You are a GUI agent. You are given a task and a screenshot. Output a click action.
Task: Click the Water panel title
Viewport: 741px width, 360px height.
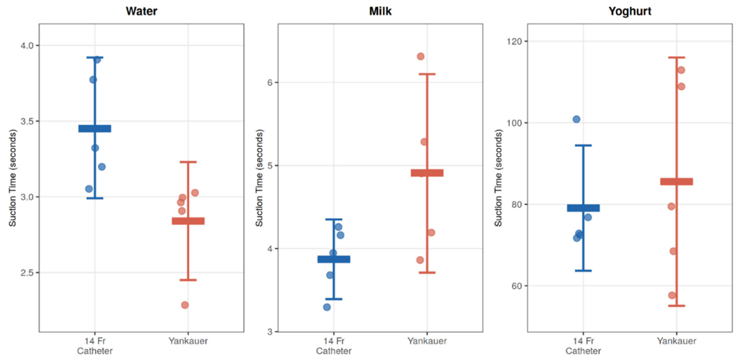tap(141, 11)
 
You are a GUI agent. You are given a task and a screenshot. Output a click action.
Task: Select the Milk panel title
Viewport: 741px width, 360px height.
tap(380, 11)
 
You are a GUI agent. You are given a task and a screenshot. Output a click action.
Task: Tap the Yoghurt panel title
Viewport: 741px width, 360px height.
tap(630, 11)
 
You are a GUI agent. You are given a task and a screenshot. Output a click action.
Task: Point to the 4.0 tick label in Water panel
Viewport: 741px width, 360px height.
tap(27, 46)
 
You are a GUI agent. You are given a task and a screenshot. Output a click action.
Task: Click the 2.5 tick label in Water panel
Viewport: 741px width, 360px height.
tap(27, 273)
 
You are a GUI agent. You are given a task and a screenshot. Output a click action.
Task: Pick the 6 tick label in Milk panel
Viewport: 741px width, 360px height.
tap(270, 82)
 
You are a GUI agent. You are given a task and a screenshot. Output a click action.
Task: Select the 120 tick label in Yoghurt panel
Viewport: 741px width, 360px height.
tap(514, 41)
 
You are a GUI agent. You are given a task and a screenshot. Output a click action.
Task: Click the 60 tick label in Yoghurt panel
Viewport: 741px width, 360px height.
tap(516, 286)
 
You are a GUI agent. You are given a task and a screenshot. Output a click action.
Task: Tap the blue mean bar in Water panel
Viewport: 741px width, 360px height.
tap(95, 128)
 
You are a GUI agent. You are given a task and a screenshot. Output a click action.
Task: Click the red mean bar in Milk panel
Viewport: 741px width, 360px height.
tap(427, 173)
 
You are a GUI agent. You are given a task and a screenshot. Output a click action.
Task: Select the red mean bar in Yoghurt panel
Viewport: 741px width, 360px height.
tap(676, 181)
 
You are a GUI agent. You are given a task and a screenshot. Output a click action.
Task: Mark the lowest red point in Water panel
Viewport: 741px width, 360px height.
tap(185, 305)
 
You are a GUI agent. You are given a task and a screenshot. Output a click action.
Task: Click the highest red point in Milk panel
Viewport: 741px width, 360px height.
tap(421, 57)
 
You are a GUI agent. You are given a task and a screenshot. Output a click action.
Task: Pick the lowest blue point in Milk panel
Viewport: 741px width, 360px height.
tap(327, 307)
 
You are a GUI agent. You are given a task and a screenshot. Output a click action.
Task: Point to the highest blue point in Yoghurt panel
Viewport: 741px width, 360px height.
tap(577, 119)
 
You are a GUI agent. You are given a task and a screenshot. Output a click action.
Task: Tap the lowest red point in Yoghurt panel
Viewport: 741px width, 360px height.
tap(672, 295)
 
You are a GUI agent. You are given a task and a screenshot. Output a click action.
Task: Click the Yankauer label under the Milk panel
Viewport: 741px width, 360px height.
tap(427, 341)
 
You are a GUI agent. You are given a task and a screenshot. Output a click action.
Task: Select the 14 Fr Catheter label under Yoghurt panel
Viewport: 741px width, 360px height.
tap(583, 346)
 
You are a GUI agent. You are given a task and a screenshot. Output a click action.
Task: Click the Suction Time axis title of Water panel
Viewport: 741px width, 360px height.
tap(12, 178)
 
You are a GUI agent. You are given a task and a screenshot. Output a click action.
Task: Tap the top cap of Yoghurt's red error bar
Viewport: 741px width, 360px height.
tap(676, 58)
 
